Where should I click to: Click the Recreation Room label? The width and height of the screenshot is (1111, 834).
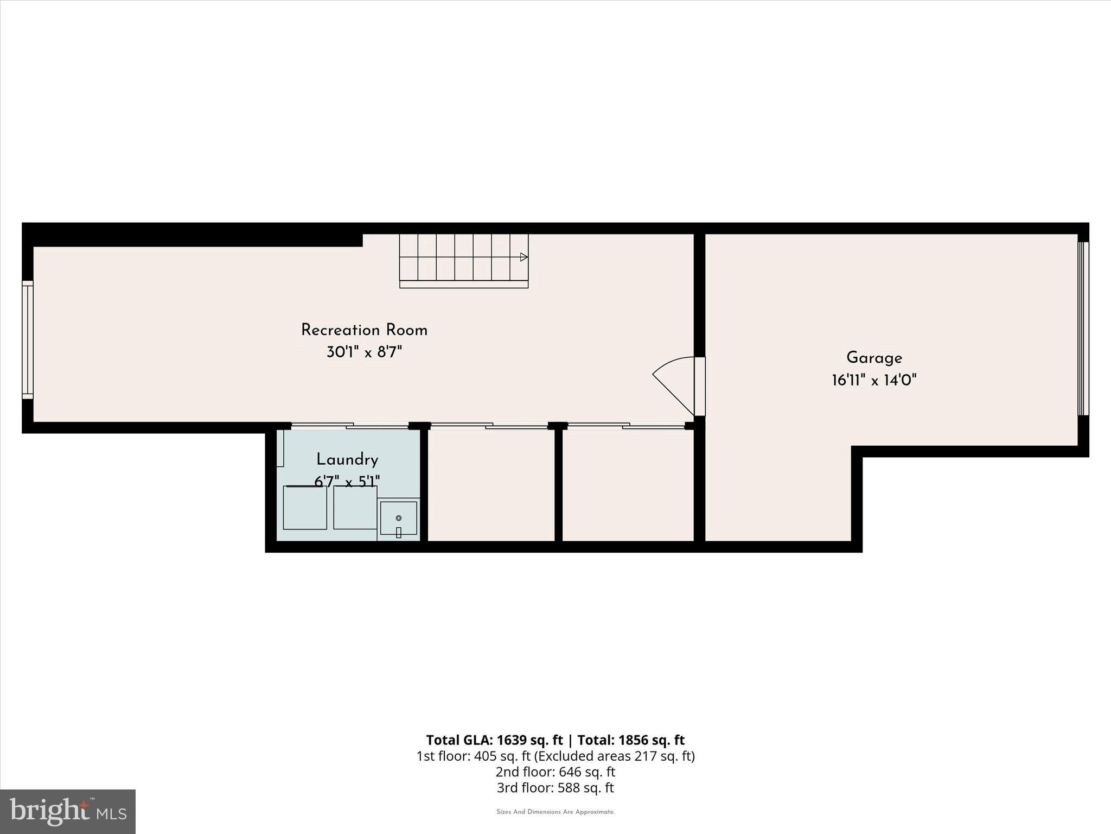364,330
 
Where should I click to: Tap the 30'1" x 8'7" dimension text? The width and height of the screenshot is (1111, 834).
364,352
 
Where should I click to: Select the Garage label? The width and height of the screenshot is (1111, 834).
874,358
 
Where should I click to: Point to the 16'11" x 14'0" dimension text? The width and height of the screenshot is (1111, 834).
874,380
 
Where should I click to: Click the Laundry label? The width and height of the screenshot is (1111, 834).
347,460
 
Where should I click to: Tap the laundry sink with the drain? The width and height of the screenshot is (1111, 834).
398,519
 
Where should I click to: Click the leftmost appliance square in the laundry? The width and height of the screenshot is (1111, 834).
305,508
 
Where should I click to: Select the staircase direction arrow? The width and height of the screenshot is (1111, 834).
523,257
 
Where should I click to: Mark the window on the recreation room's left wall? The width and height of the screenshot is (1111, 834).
28,340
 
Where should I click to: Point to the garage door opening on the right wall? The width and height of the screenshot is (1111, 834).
1083,328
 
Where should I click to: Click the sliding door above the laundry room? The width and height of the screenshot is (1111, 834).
350,426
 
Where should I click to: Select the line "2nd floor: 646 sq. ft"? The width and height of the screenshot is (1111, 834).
555,772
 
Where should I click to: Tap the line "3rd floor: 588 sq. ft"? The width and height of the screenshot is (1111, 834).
555,787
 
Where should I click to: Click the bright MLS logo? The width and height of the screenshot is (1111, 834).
68,811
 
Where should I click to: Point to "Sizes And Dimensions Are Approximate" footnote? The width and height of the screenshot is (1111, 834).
555,812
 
